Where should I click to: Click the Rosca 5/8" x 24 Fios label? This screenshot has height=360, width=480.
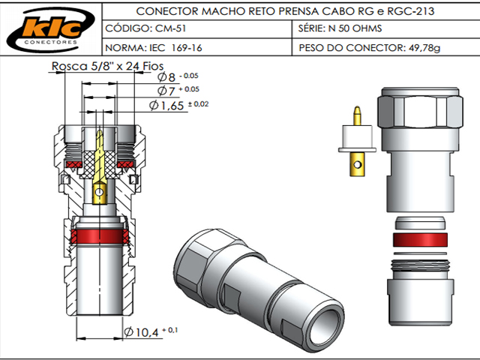pyautogui.click(x=97, y=66)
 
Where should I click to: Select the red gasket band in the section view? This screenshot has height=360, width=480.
pyautogui.click(x=99, y=239)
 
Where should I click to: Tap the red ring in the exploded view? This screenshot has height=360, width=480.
pyautogui.click(x=421, y=240)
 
